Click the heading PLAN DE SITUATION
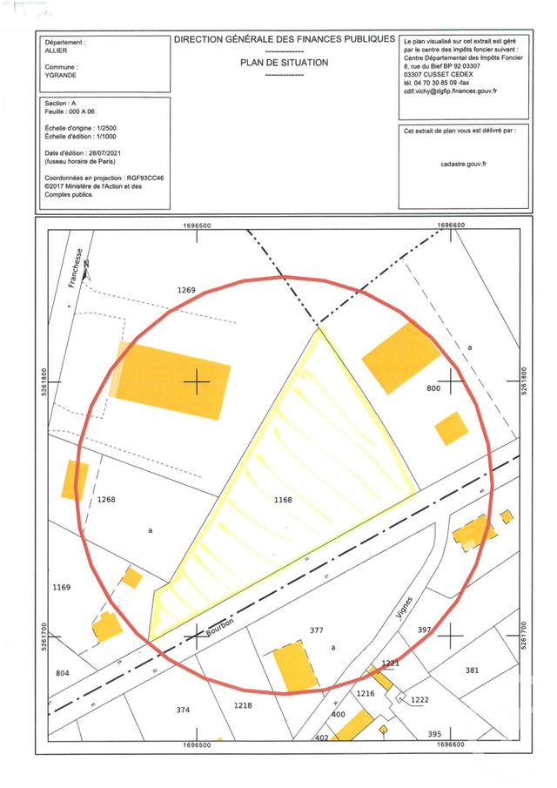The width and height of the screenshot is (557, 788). pyautogui.click(x=284, y=63)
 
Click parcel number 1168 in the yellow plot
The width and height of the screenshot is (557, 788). pyautogui.click(x=283, y=500)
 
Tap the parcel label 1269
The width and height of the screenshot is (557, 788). pyautogui.click(x=187, y=289)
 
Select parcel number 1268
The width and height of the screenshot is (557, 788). pyautogui.click(x=106, y=499)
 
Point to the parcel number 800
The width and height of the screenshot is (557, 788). pyautogui.click(x=435, y=389)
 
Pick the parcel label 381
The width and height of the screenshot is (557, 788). pyautogui.click(x=472, y=670)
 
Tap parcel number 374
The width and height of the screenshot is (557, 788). pyautogui.click(x=183, y=710)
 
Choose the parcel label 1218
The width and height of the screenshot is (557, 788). pyautogui.click(x=243, y=704)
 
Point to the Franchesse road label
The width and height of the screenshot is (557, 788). pyautogui.click(x=77, y=270)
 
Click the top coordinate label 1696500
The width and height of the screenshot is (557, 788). pyautogui.click(x=198, y=225)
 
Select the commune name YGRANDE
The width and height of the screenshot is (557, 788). pyautogui.click(x=61, y=75)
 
